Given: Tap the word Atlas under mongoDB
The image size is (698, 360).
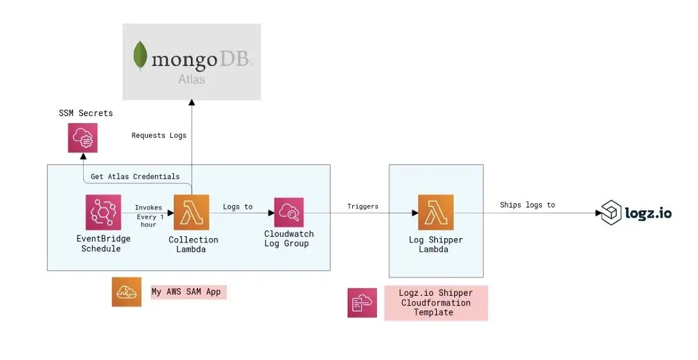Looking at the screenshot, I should point(192,80).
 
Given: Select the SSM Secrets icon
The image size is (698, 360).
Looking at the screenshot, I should point(82,137).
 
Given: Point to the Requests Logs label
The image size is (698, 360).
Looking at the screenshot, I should point(159,135).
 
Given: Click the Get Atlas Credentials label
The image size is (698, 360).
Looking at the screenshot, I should point(135,176).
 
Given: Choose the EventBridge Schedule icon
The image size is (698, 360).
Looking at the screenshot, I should point(103,212).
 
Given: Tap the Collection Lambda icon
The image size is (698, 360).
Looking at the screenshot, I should point(191,212).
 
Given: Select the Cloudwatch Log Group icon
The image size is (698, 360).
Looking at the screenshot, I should point(289,212).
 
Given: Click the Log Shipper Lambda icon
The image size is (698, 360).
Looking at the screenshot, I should point(435,212).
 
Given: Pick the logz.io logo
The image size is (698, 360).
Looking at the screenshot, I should point(636,213).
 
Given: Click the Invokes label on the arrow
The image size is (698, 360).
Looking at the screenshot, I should point(148,208).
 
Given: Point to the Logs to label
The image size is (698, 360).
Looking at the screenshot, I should point(238,206).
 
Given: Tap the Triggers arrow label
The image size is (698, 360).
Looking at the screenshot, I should point(363,206).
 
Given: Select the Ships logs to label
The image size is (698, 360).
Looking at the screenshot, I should point(527,204).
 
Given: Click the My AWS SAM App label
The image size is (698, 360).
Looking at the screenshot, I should point(188,292).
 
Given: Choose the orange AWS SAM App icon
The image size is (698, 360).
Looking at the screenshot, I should point(126,292).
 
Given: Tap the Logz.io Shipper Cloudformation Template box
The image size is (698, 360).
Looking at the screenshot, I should point(435,303).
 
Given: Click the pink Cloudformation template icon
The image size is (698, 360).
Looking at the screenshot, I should point(362,302).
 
